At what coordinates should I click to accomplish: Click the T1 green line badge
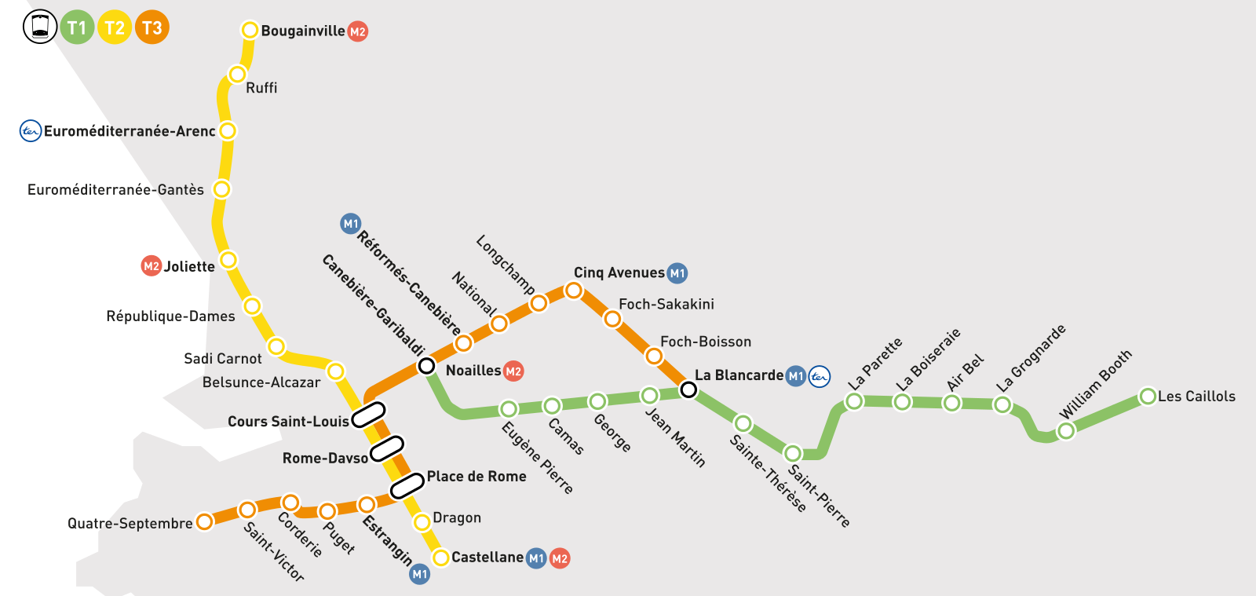coord(77,28)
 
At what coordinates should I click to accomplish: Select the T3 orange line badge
coord(152,28)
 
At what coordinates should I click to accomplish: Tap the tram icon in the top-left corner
coord(40,27)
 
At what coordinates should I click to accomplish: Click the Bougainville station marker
coord(250,31)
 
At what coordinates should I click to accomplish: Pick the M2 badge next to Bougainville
coord(358,31)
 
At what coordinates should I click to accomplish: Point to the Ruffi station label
coord(261,88)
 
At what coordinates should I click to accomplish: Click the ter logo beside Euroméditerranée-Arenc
coord(30,131)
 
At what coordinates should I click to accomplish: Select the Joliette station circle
coord(228,260)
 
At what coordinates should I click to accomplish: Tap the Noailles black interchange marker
coord(426,366)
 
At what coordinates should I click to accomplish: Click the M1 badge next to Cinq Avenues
coord(677,273)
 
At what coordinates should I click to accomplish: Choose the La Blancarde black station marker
coord(688,389)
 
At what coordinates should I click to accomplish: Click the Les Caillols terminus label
coord(1196,397)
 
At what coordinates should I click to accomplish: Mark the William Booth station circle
coord(1066,430)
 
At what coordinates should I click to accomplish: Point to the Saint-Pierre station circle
coord(793,454)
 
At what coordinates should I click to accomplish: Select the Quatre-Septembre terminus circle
coord(204,521)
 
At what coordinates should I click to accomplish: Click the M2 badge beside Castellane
coord(560,558)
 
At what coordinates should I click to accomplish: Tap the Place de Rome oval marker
coord(407,486)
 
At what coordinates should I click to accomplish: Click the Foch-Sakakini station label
coord(666,305)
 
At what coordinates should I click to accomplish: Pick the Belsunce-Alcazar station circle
coord(335,371)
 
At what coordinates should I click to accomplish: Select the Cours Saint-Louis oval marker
coord(368,415)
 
